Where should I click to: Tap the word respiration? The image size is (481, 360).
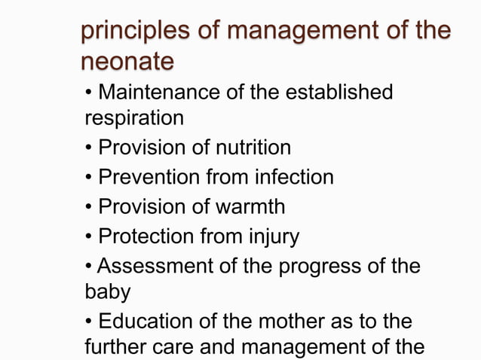(133, 119)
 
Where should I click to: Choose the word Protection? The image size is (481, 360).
(149, 236)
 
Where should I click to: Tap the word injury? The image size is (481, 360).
(274, 237)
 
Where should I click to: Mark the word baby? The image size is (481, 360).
(106, 291)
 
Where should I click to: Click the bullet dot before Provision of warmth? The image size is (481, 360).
(89, 207)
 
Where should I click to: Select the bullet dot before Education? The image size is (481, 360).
(89, 322)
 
